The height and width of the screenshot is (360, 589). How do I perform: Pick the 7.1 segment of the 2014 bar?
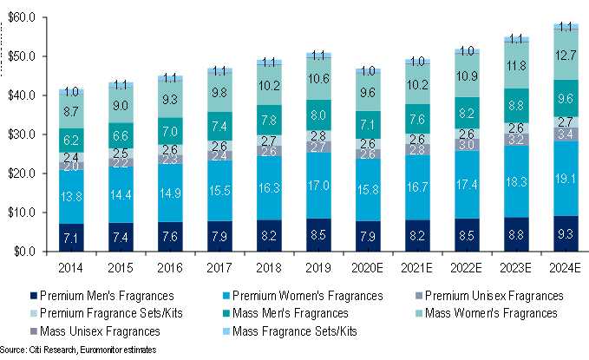tap(71, 238)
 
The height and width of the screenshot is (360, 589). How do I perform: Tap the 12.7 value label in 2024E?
tap(567, 56)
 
